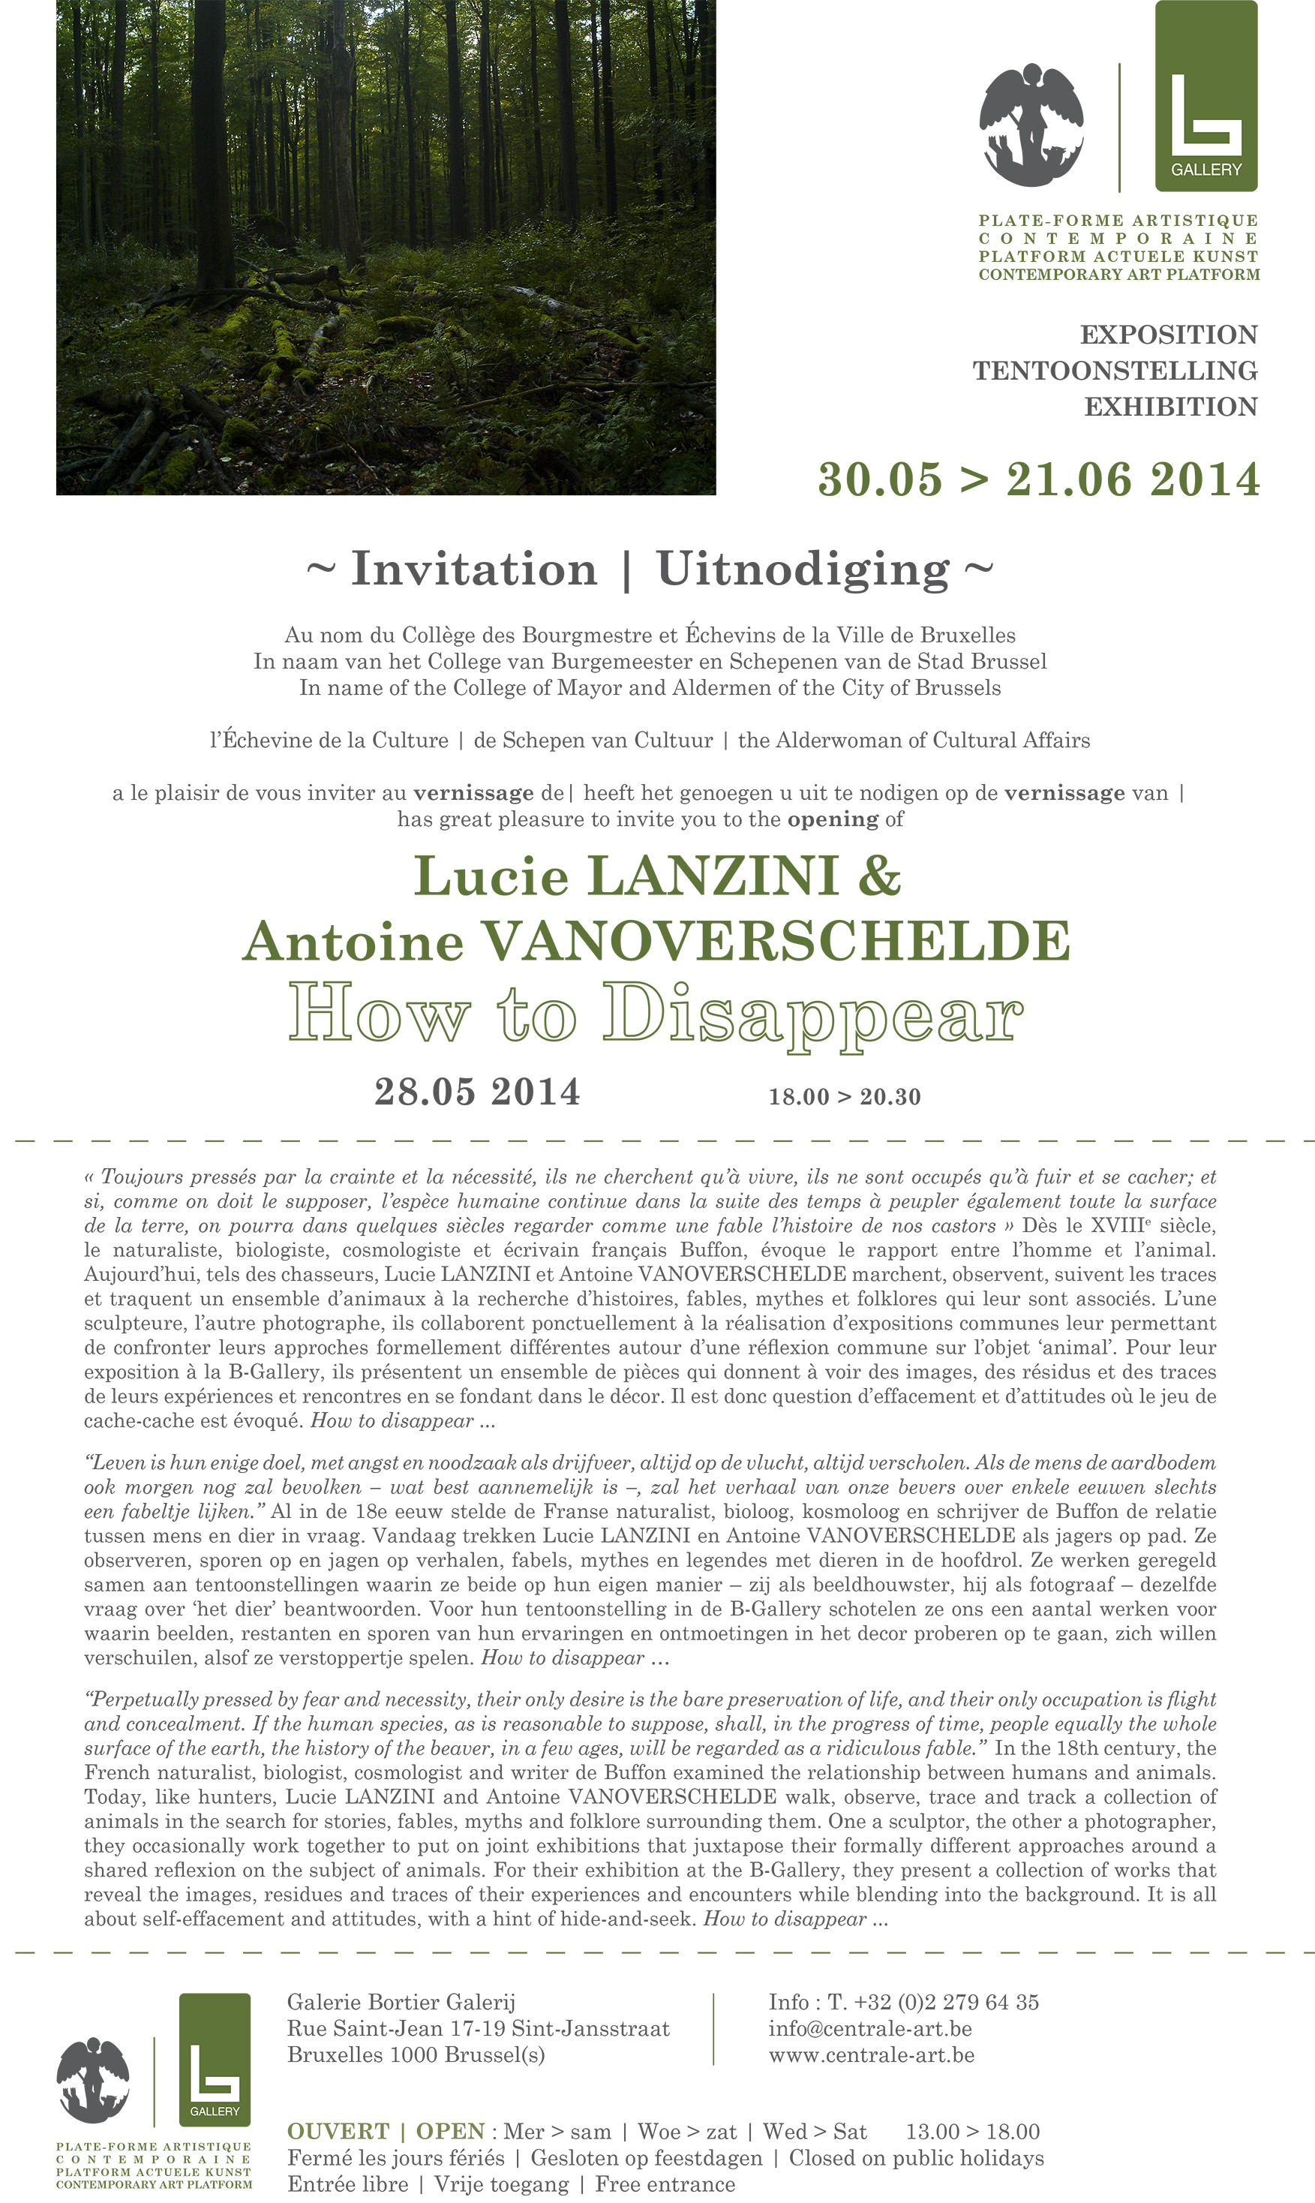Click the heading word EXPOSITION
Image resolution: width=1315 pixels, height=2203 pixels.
(x=1168, y=335)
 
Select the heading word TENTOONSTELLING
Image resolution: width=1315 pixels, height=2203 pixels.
(x=1115, y=371)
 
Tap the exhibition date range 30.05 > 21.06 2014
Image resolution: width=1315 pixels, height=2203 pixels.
(x=1037, y=479)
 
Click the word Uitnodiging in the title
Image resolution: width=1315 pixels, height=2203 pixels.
(x=803, y=569)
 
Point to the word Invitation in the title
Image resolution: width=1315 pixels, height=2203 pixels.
(x=474, y=569)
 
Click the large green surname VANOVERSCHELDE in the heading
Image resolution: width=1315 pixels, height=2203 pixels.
(x=776, y=941)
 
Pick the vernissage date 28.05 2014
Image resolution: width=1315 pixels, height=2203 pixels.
(x=477, y=1092)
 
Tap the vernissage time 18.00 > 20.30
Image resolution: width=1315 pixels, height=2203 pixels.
(x=845, y=1097)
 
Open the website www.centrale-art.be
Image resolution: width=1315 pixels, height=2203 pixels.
(x=871, y=2055)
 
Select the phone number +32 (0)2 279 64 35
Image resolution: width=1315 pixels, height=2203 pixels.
(x=945, y=2002)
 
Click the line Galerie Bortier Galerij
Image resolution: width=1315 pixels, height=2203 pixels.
(x=401, y=2002)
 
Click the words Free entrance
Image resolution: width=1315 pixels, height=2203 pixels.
(x=665, y=2184)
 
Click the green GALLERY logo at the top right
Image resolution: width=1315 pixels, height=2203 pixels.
(x=1206, y=96)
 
